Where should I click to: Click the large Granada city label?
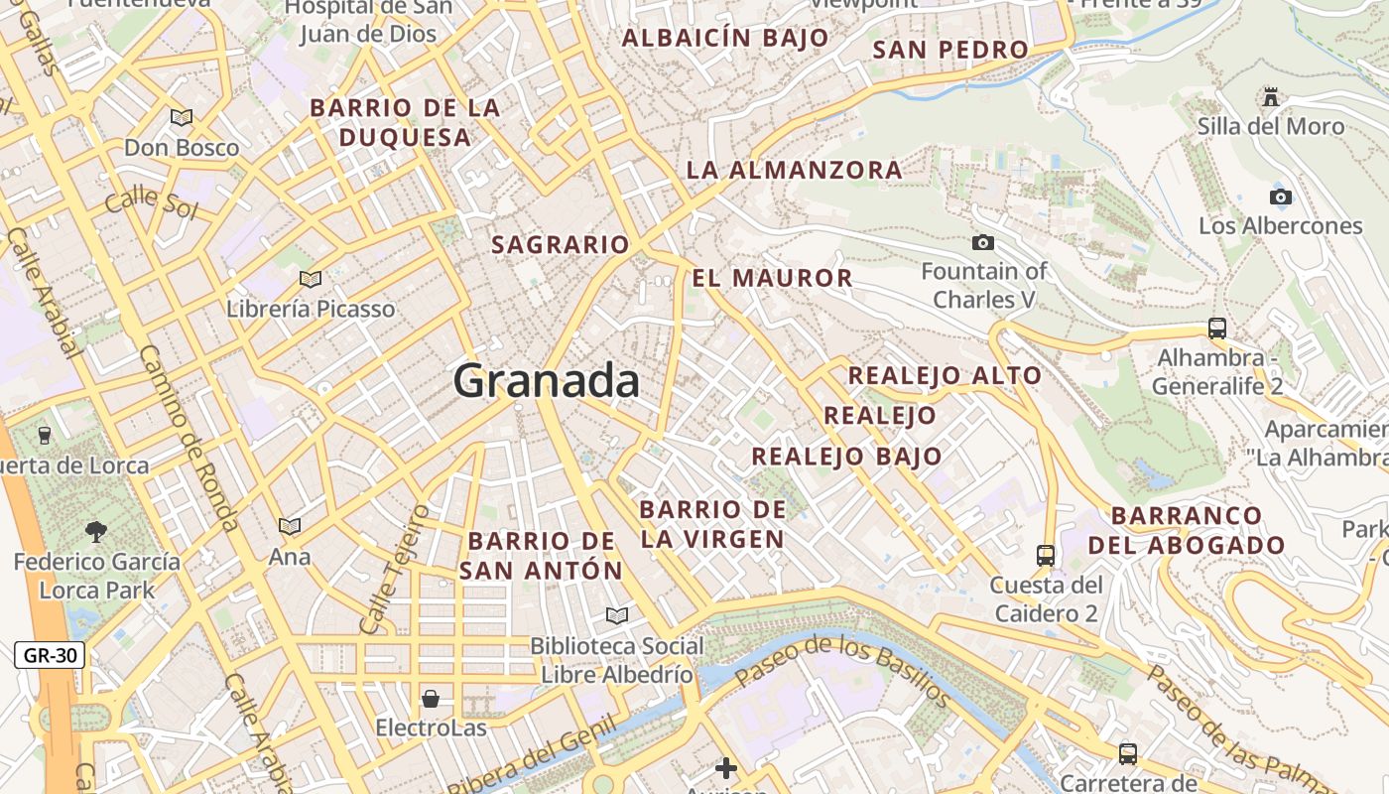[547, 381]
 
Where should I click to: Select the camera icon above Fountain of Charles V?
[983, 242]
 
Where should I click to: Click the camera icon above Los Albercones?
[1281, 197]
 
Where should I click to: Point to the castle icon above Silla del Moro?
[1270, 97]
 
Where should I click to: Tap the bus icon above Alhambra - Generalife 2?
[1216, 329]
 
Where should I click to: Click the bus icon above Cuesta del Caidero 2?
[1045, 556]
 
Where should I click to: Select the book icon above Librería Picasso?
[311, 280]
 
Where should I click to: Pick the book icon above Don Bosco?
[182, 118]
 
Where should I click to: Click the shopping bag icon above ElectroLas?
[431, 699]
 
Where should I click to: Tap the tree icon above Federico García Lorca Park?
[96, 532]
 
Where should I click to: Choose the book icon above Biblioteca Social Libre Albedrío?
[617, 616]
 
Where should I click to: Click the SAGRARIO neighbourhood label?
[561, 244]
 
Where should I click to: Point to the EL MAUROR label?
[772, 278]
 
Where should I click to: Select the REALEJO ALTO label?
[945, 375]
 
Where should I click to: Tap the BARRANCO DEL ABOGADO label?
[1187, 530]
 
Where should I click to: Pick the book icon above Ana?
[290, 527]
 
